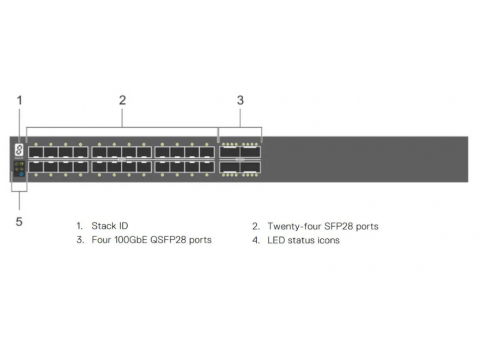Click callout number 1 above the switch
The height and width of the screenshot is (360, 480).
coord(19,100)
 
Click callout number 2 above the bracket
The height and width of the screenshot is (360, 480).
coord(122,100)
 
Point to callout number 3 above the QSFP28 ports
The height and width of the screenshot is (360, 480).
coord(240,100)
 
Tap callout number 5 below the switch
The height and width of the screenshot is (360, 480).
coord(19,221)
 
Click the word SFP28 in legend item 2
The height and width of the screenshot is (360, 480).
coord(337,226)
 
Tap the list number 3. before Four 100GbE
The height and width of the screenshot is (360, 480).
coord(79,240)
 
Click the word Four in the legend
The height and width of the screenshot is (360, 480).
coord(101,240)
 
